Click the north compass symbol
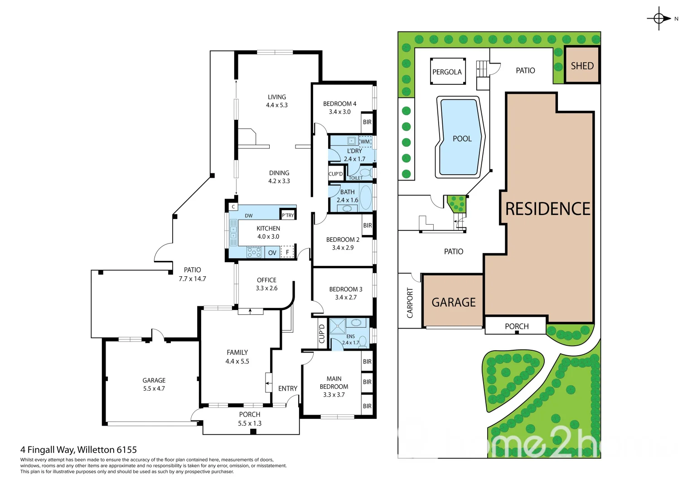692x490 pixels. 659,19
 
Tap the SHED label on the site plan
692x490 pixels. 582,66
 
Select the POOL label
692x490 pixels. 462,139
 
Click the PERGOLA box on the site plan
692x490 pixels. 447,72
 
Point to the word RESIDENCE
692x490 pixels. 547,209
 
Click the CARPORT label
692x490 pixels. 410,303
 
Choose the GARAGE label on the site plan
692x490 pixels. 453,303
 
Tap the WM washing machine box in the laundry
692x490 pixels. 365,142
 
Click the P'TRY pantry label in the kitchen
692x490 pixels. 288,215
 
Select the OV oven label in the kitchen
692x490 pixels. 272,253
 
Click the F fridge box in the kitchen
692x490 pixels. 287,252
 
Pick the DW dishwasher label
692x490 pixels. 249,216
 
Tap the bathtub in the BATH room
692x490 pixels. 365,197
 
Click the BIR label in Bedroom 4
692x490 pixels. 367,122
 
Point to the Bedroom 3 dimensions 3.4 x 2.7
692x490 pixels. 346,298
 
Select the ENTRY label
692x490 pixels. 288,388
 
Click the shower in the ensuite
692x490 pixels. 338,327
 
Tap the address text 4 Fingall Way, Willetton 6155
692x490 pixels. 78,450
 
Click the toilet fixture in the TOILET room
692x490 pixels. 365,173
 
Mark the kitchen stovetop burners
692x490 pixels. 254,252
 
